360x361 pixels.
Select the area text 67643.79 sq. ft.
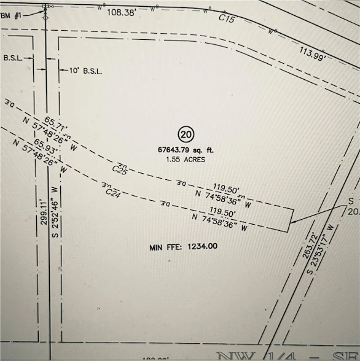pyautogui.click(x=185, y=149)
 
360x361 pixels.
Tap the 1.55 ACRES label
pyautogui.click(x=186, y=159)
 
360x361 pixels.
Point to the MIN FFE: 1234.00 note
pyautogui.click(x=183, y=247)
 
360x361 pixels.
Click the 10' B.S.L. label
pyautogui.click(x=85, y=71)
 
